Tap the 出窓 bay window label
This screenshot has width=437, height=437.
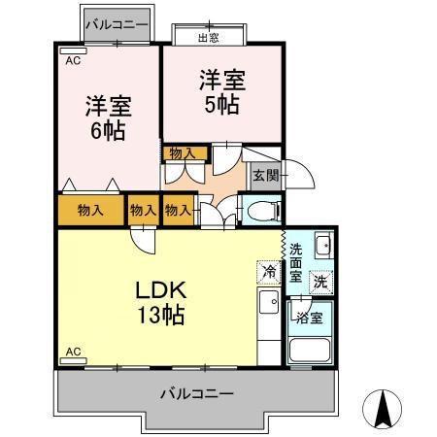click(208, 38)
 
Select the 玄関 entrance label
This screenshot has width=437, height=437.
click(265, 176)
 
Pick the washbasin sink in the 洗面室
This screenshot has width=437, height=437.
click(322, 246)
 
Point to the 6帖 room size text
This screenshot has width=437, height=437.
click(108, 130)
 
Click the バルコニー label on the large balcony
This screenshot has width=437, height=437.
click(196, 394)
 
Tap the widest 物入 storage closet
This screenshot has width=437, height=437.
click(90, 211)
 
